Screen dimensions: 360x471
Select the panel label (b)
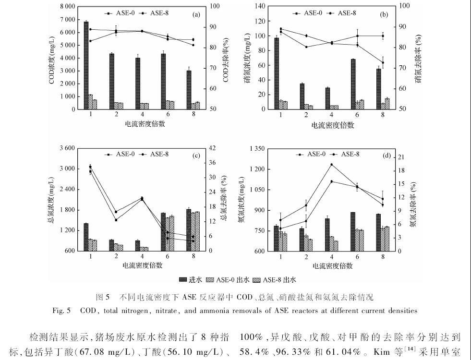384,15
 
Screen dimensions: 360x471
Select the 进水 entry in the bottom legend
189,279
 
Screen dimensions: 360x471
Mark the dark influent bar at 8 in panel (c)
188,230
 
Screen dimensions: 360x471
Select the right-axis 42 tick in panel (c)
209,148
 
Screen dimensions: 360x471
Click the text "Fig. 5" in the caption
62,311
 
